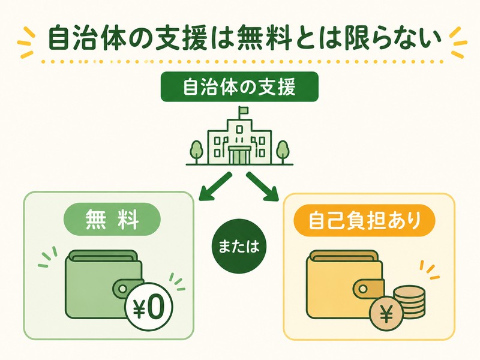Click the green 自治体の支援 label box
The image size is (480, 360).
239,86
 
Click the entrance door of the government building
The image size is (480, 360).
239,155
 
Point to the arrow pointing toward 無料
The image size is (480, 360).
215,187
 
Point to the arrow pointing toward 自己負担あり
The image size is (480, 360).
262,187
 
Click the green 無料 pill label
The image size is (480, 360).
112,219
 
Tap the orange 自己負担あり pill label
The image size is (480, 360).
364,220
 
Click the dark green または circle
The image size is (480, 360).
239,247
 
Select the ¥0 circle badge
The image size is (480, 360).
149,307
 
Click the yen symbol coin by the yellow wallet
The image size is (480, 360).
386,313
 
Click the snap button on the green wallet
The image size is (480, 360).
122,289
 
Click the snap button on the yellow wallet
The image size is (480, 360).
364,289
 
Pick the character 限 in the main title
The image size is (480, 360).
361,38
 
